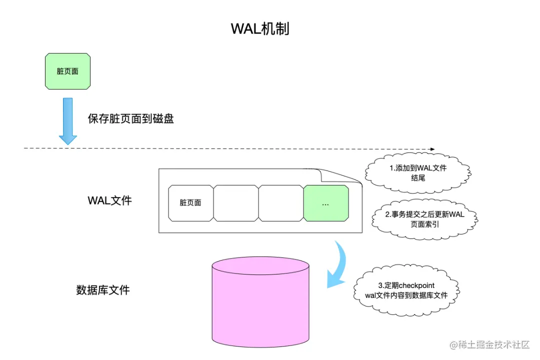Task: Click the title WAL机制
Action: coord(260,28)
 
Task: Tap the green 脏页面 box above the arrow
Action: coord(67,71)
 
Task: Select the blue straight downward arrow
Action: coord(67,120)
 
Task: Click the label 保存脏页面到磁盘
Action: coord(130,119)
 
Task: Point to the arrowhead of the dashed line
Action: coord(432,149)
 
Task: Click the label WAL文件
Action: coord(109,201)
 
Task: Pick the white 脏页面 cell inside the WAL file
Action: coord(190,203)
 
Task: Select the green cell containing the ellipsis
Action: coord(326,203)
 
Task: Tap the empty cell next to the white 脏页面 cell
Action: coord(236,203)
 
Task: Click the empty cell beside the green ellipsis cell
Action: coord(281,203)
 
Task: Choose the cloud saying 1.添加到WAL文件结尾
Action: coord(418,172)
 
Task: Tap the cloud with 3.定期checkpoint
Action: coord(405,290)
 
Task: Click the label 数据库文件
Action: coord(103,290)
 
